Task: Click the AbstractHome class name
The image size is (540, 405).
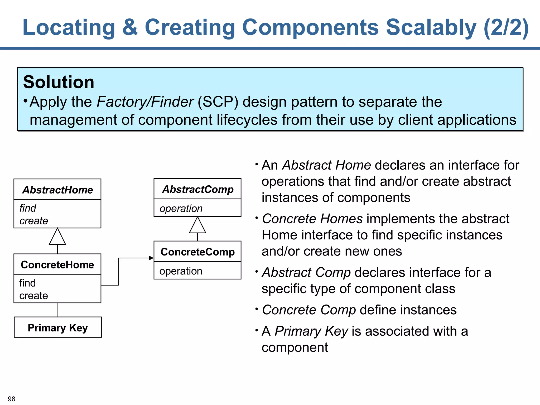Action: pos(57,190)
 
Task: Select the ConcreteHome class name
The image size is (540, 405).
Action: pos(57,265)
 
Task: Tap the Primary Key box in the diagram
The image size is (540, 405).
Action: pos(58,327)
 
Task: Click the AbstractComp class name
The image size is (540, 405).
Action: pos(198,189)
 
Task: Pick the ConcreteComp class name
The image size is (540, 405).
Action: pos(197,252)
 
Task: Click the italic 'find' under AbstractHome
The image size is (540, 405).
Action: pos(28,208)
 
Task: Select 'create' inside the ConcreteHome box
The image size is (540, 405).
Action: pos(34,296)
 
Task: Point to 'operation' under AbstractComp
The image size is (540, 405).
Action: pos(181,209)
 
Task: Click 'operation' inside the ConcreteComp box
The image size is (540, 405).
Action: pos(181,271)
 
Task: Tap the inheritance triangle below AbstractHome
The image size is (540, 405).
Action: pos(57,237)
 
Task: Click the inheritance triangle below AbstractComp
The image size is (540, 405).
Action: pos(197,226)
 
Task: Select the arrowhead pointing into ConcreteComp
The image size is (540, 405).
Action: pos(151,258)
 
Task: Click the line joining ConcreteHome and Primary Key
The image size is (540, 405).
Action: pos(58,310)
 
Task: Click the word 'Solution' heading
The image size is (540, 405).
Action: pos(59,82)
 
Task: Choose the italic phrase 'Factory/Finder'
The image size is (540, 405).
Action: pos(145,102)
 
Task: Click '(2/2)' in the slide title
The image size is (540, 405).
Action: pos(506,27)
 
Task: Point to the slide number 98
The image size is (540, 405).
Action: pos(12,399)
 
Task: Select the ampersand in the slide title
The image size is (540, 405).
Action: pos(130,27)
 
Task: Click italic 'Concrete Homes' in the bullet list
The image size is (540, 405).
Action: pos(312,219)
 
